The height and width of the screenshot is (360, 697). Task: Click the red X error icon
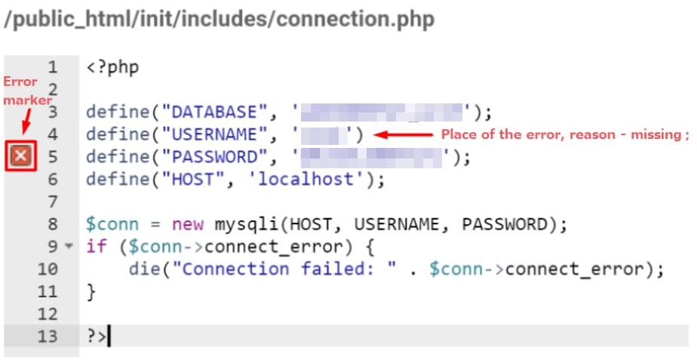click(21, 157)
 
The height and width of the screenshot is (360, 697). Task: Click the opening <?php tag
click(112, 66)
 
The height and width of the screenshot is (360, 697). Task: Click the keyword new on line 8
click(188, 225)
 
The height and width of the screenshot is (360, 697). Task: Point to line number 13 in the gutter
click(48, 337)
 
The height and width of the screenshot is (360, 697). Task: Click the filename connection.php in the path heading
click(355, 19)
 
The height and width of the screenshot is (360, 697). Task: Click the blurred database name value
click(381, 113)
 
